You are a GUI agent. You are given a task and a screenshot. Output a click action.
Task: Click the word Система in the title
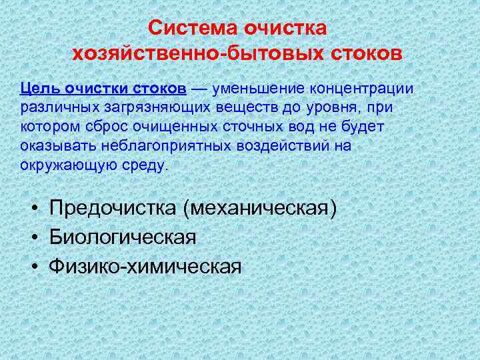(x=193, y=29)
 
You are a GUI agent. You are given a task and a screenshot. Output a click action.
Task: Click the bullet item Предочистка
(x=113, y=208)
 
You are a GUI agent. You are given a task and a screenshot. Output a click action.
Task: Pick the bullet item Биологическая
(x=122, y=237)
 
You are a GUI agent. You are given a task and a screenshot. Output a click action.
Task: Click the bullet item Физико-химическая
(x=145, y=267)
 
